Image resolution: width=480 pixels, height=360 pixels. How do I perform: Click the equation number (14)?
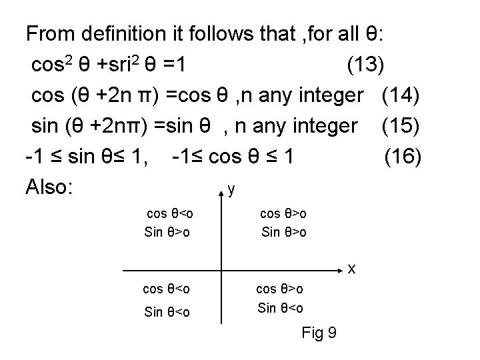401,95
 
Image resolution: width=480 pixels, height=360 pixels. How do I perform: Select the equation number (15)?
401,125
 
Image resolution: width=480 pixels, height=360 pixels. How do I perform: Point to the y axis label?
231,190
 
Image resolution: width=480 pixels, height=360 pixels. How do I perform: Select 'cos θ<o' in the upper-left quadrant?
170,214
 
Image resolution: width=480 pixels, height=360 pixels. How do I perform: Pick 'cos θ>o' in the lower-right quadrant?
281,289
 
